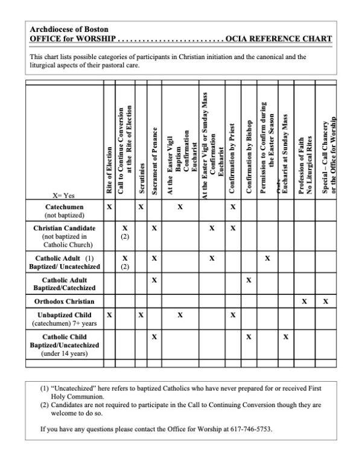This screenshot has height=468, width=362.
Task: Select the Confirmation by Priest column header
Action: pyautogui.click(x=232, y=159)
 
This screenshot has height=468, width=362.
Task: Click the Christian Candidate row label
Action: pyautogui.click(x=64, y=229)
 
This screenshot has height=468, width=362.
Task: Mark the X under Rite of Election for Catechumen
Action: pyautogui.click(x=109, y=206)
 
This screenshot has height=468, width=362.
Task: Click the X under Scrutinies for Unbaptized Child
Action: pyautogui.click(x=141, y=315)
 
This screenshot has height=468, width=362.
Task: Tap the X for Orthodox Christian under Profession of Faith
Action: pyautogui.click(x=304, y=301)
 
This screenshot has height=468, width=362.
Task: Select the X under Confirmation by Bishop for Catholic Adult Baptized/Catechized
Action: pyautogui.click(x=249, y=280)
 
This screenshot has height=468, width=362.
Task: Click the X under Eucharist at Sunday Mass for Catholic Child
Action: pyautogui.click(x=287, y=337)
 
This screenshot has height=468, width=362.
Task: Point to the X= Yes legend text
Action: pyautogui.click(x=65, y=195)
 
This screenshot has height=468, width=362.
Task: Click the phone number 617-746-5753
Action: pyautogui.click(x=250, y=429)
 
